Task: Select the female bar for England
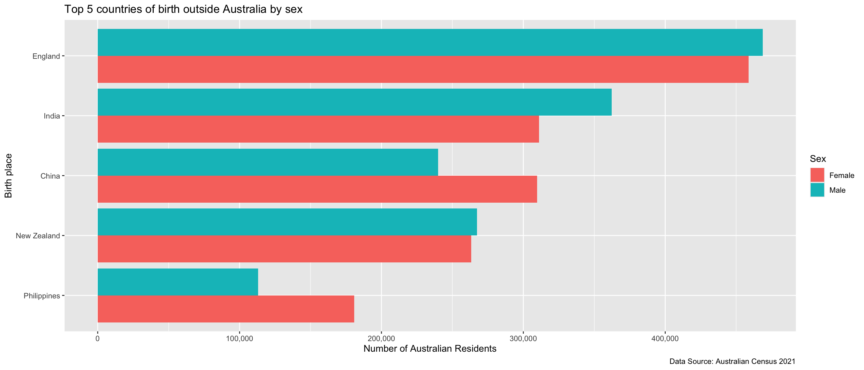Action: pyautogui.click(x=423, y=69)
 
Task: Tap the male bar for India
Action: pyautogui.click(x=355, y=102)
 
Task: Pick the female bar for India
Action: pyautogui.click(x=318, y=129)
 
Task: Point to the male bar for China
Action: pyautogui.click(x=268, y=162)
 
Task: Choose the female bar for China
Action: pyautogui.click(x=317, y=189)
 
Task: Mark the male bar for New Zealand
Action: pyautogui.click(x=287, y=222)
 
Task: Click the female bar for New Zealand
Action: pyautogui.click(x=284, y=249)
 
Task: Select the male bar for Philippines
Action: pyautogui.click(x=178, y=282)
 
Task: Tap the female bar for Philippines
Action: pyautogui.click(x=226, y=309)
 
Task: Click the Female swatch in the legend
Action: pyautogui.click(x=817, y=175)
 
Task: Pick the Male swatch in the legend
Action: pyautogui.click(x=817, y=190)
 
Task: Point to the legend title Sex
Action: pyautogui.click(x=818, y=159)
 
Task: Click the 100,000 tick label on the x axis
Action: pyautogui.click(x=239, y=339)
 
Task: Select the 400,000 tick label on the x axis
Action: pyautogui.click(x=665, y=339)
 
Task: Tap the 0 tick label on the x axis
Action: pyautogui.click(x=98, y=339)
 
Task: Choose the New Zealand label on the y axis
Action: pyautogui.click(x=38, y=236)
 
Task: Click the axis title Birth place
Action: pyautogui.click(x=8, y=176)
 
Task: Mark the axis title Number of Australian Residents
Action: pyautogui.click(x=430, y=349)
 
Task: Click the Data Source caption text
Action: pyautogui.click(x=732, y=362)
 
